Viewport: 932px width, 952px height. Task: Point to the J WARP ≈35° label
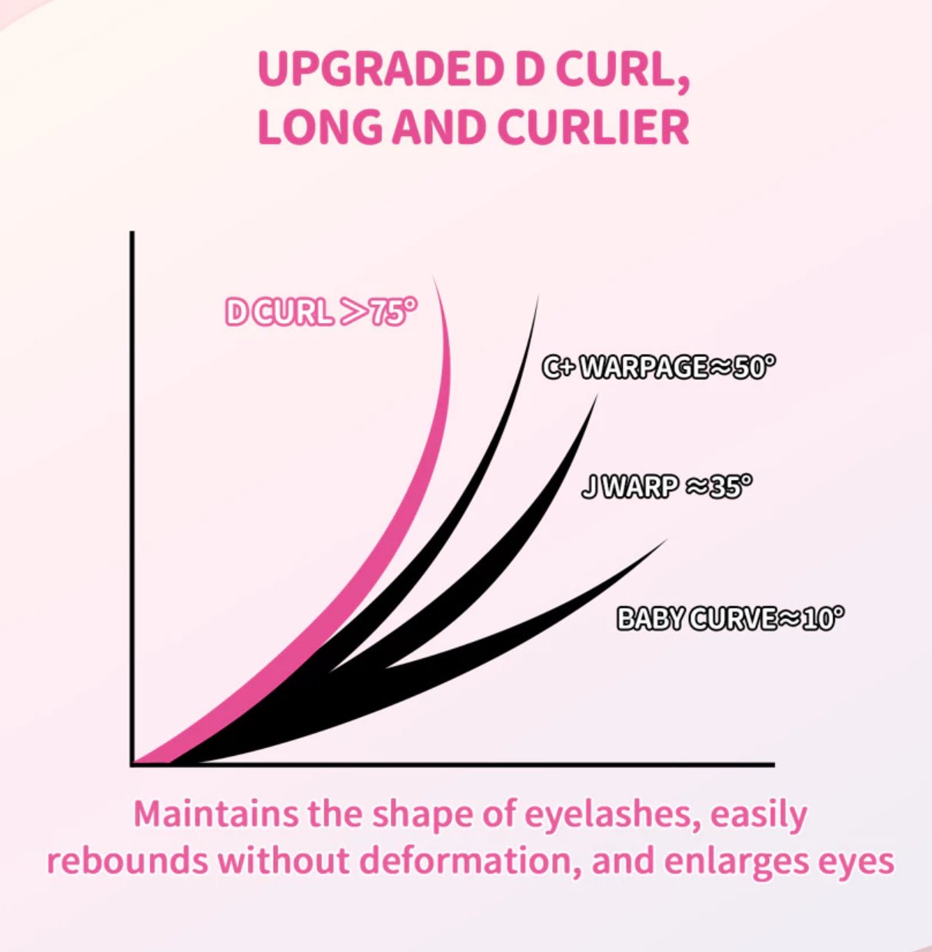[x=666, y=487]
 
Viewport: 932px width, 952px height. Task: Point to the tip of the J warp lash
[x=596, y=398]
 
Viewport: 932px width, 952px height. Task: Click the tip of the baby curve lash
[x=663, y=541]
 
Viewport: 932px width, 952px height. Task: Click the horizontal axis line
[x=461, y=764]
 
